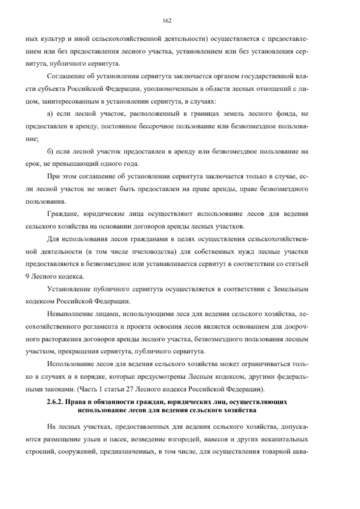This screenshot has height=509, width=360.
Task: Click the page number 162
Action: pyautogui.click(x=167, y=21)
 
